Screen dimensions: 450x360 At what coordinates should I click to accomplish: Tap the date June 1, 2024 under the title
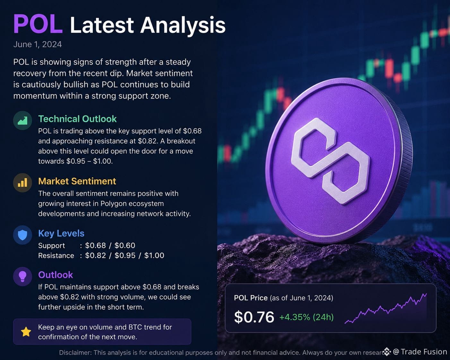(38, 44)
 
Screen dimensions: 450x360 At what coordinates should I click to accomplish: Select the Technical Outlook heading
(77, 119)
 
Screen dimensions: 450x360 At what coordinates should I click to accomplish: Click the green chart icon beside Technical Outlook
(22, 120)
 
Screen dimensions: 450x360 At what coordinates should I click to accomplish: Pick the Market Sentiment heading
(77, 181)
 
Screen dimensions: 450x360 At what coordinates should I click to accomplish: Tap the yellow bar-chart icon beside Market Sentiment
(22, 183)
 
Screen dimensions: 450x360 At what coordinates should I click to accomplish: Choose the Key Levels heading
(61, 233)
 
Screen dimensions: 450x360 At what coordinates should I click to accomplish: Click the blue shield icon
(22, 235)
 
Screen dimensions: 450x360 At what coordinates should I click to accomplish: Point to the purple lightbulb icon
(22, 276)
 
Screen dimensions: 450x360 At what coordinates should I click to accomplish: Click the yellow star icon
(26, 332)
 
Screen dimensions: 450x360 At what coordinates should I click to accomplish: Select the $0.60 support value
(125, 245)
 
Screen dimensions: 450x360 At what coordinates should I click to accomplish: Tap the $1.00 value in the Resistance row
(154, 255)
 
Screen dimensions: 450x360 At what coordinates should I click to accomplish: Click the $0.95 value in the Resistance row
(125, 255)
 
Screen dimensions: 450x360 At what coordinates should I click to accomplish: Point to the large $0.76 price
(254, 317)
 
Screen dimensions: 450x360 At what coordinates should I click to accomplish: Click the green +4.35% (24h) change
(306, 317)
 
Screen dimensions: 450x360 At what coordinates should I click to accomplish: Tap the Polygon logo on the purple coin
(330, 161)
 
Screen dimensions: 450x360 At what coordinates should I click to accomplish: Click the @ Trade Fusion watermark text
(420, 352)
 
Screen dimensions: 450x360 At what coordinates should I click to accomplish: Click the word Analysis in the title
(183, 25)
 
